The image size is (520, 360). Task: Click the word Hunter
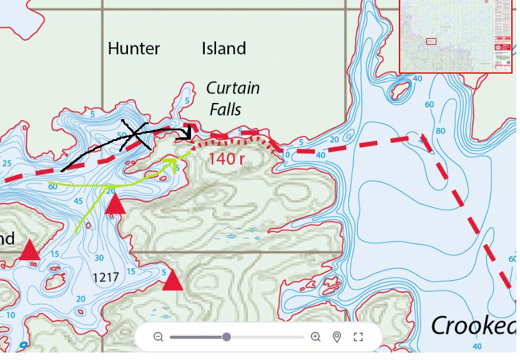[x=134, y=49]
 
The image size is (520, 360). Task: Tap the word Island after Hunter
[x=223, y=49]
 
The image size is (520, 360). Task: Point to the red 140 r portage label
[x=226, y=159]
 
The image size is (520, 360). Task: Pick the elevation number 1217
[x=105, y=277]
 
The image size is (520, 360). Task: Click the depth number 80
[x=441, y=131]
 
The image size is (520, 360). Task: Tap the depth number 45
[x=79, y=202]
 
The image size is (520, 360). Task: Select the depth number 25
[x=7, y=164]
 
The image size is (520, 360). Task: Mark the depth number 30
[x=99, y=258]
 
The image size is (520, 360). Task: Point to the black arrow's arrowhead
[x=187, y=133]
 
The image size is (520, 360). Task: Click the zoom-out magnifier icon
[x=159, y=337]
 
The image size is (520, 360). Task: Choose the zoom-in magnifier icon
[x=316, y=337]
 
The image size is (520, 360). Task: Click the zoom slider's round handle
[x=227, y=337]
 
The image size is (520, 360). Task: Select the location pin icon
[x=337, y=337]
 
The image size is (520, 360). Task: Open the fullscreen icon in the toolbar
[x=358, y=337]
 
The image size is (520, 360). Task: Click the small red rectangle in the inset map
[x=431, y=42]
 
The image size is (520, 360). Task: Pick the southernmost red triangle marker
[x=172, y=281]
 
